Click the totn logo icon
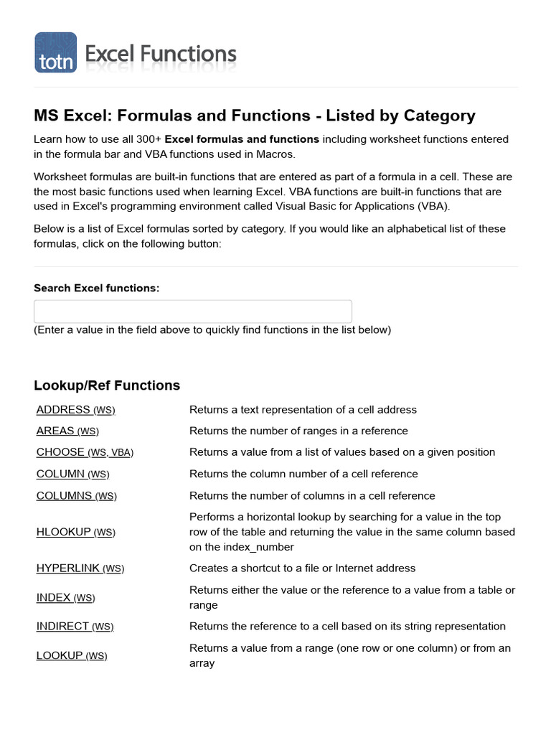click(x=55, y=52)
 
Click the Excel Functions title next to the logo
click(x=161, y=53)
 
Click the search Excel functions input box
click(x=193, y=312)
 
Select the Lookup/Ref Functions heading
click(x=107, y=385)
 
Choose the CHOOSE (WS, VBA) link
click(x=85, y=452)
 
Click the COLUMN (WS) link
click(x=72, y=474)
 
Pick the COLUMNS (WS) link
click(x=75, y=496)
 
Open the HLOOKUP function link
click(x=75, y=532)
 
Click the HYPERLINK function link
click(x=80, y=568)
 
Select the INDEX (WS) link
click(x=65, y=597)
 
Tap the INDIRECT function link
click(x=75, y=627)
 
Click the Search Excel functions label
click(x=96, y=288)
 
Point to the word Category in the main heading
click(x=439, y=116)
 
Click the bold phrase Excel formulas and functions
click(x=242, y=139)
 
